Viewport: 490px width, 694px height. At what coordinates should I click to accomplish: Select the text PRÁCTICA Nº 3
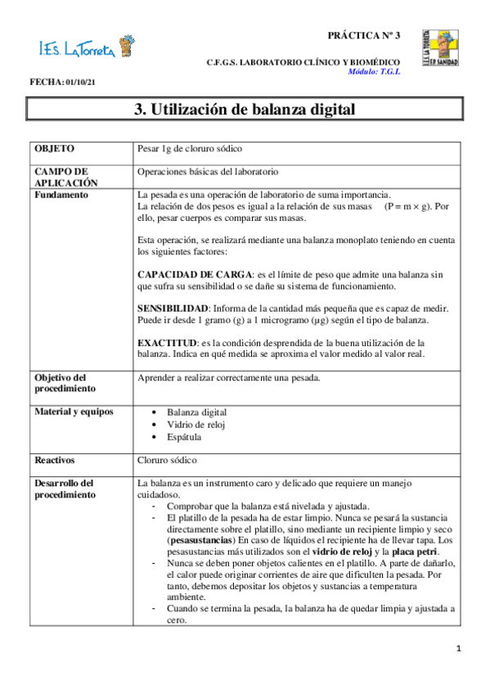coord(364,35)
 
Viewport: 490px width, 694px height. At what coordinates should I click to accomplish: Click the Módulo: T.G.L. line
coord(374,71)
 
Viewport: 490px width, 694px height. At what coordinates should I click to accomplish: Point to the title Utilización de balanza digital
coord(245,110)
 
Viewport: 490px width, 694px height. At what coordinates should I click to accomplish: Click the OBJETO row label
coord(54,149)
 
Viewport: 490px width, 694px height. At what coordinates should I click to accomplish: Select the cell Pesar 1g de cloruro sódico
coord(189,149)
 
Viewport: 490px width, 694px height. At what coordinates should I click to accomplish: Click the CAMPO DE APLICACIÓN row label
coord(66,178)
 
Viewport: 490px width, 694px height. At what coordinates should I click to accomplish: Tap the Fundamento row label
coord(62,195)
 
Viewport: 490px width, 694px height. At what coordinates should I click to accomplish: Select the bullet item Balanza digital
coord(196,412)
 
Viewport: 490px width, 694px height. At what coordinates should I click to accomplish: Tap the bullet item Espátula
coord(183,437)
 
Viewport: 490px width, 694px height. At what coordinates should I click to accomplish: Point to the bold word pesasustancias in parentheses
coord(200,540)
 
